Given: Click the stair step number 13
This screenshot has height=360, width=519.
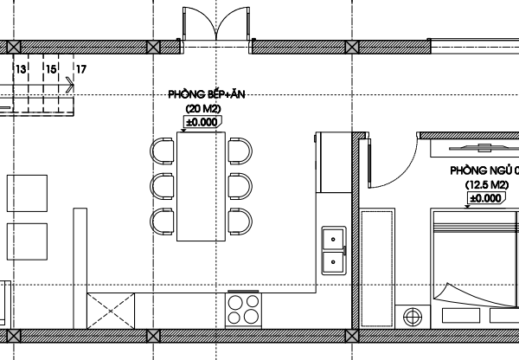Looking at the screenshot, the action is pos(21,69).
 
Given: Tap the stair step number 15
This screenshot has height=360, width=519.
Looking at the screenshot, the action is pos(51,69).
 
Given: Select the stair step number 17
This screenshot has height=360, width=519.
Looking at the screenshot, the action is pos(81,69).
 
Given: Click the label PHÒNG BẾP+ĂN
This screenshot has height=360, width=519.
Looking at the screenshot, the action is pos(207,94).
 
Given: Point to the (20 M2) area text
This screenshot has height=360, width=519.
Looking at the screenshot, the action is pos(203,109).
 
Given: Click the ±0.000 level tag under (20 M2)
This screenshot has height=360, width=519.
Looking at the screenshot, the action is pos(202,122).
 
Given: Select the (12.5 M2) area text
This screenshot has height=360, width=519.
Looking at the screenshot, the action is pos(487,184).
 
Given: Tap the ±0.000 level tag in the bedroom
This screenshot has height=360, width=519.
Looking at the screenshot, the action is pos(486,198).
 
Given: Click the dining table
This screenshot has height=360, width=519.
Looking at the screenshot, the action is pos(201,186).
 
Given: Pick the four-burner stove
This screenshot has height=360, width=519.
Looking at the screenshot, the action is pos(243,310).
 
